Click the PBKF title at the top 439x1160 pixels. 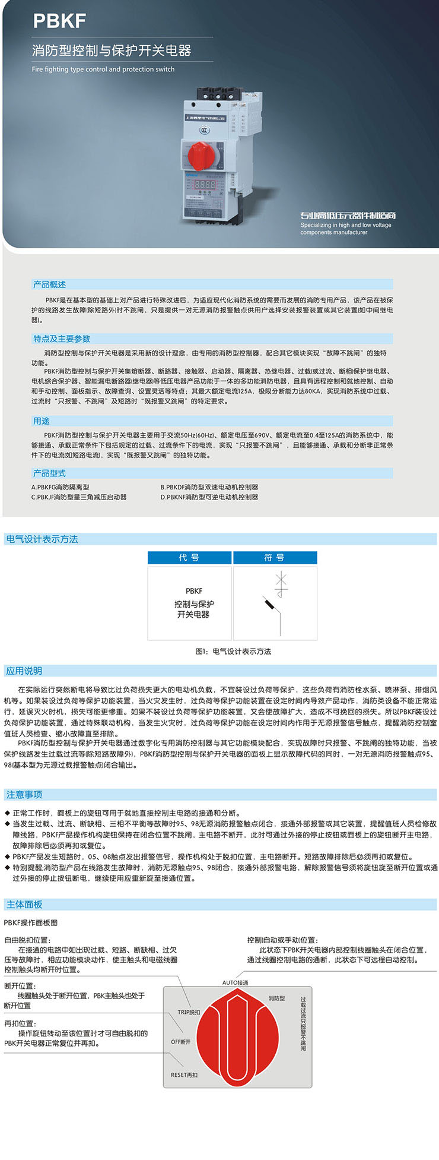59,21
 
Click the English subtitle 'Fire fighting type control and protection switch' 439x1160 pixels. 103,69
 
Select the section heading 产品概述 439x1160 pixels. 50,285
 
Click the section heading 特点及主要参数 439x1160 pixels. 62,339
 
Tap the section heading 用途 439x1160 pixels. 42,421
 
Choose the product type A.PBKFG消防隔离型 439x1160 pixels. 61,487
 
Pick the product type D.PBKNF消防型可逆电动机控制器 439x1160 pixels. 209,497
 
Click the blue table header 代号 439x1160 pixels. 189,558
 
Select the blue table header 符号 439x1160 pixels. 275,558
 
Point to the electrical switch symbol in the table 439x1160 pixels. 275,603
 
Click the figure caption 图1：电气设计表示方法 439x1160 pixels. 233,652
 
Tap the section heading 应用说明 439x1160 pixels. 24,671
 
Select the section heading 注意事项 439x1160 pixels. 24,795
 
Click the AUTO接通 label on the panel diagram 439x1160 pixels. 235,983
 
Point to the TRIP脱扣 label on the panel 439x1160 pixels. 189,1012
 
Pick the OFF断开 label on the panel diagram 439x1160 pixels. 181,1042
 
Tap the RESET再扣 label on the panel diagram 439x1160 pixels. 184,1075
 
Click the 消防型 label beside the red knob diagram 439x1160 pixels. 276,998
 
